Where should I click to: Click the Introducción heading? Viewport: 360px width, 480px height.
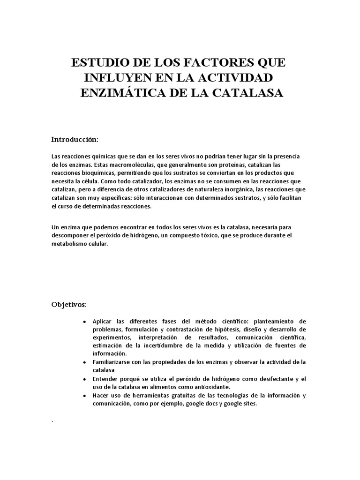(x=75, y=140)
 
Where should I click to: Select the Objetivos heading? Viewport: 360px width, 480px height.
(x=69, y=305)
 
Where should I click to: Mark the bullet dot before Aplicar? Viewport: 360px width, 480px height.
(x=83, y=322)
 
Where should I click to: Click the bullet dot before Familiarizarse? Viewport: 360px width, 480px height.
(x=83, y=362)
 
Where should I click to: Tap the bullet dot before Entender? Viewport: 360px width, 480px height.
(x=83, y=379)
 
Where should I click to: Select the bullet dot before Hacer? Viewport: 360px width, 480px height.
(x=83, y=395)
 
